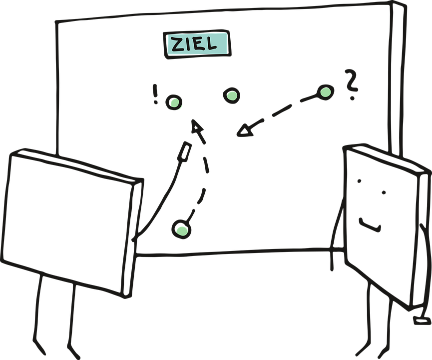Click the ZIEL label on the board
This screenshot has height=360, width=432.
(x=196, y=43)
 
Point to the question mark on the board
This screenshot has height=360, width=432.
(x=352, y=84)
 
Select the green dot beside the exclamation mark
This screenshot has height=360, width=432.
(x=174, y=103)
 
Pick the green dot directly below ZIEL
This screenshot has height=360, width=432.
(x=231, y=95)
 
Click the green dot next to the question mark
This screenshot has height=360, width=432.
(x=325, y=91)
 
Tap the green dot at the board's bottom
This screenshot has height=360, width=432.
(x=181, y=229)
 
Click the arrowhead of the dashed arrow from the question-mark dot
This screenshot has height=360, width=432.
(x=243, y=131)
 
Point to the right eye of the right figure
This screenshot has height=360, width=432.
(x=383, y=191)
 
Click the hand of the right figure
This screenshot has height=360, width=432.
(x=422, y=318)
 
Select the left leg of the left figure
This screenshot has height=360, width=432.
(x=39, y=315)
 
